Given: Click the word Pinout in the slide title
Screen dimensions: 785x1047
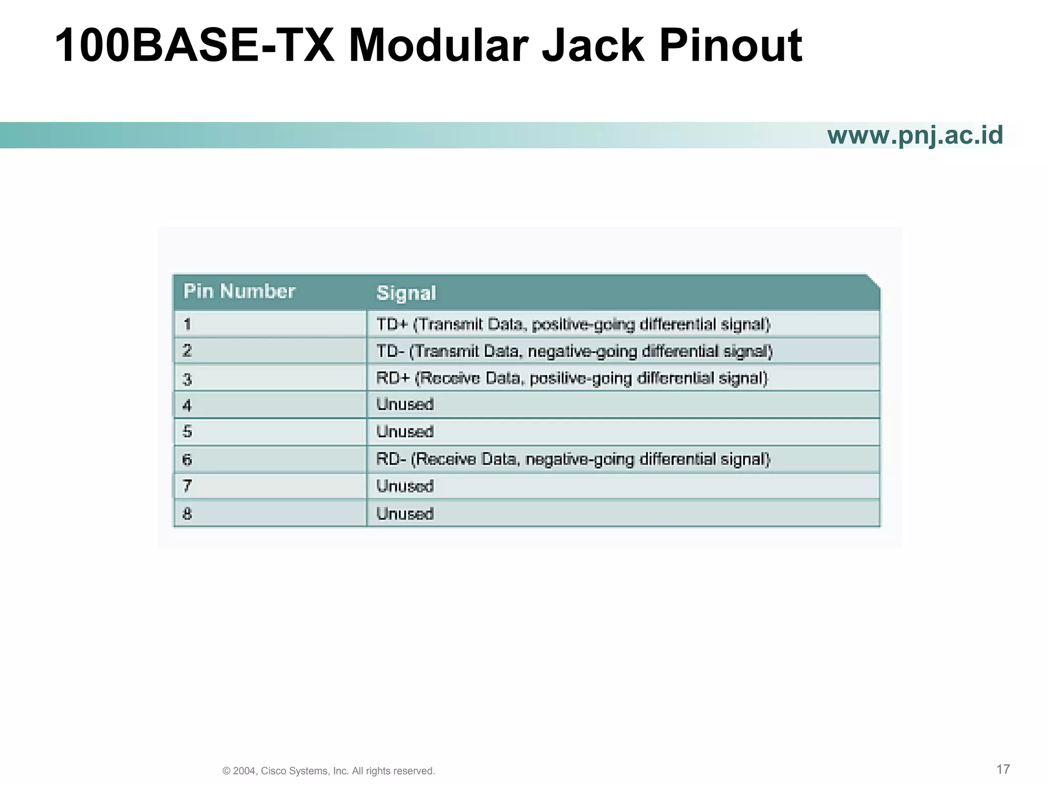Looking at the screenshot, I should (x=731, y=46).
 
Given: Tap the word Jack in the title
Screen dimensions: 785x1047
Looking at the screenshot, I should (x=593, y=46).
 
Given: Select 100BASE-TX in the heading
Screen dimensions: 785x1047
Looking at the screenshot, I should (x=194, y=46).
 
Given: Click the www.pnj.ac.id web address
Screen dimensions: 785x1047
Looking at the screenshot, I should (x=915, y=135).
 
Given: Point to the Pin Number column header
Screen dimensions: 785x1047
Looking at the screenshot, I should (x=239, y=291).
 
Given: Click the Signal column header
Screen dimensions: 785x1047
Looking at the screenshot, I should (x=406, y=293).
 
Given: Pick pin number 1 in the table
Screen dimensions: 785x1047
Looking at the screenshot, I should (x=187, y=324).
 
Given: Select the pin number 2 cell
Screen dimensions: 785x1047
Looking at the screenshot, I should (x=187, y=351).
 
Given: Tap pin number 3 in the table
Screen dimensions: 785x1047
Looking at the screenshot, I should (x=187, y=379).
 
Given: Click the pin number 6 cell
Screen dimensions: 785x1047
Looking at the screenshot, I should (x=187, y=459).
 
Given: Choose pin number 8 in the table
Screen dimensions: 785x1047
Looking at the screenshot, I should (x=187, y=513).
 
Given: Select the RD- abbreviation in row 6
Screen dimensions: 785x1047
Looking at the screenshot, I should (x=391, y=459).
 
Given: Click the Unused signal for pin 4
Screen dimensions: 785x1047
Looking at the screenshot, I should (x=405, y=404).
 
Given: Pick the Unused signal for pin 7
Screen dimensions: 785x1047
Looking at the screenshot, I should (x=405, y=486).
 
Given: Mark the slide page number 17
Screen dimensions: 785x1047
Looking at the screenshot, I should (x=1003, y=769).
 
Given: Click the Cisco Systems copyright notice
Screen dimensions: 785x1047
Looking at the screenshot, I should (x=329, y=771).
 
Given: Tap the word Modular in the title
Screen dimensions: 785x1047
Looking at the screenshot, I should (x=438, y=46).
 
